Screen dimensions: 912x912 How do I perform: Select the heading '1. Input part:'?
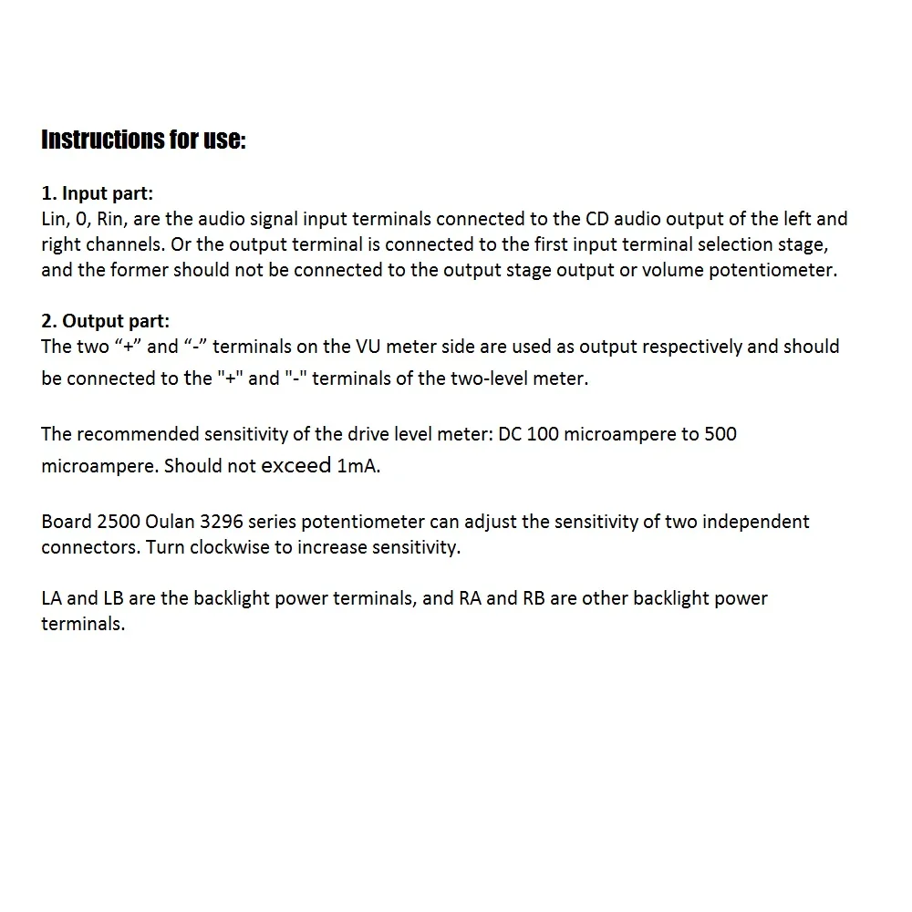(x=98, y=193)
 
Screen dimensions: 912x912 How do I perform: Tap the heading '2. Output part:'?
(x=105, y=321)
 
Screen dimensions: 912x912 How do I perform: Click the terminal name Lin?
(x=54, y=219)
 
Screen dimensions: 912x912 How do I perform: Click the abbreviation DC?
(x=511, y=433)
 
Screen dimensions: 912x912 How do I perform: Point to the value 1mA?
(x=358, y=466)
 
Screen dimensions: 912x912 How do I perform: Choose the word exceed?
(x=295, y=465)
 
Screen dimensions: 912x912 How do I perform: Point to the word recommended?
(x=135, y=433)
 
